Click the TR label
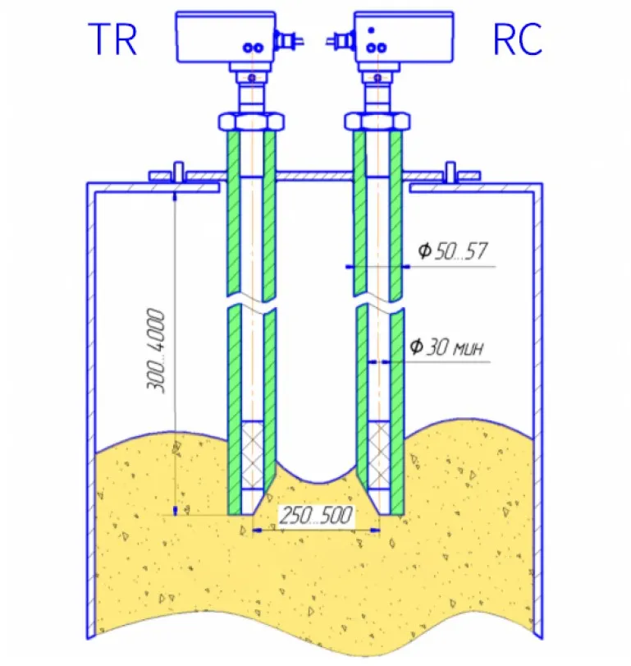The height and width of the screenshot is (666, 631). (112, 39)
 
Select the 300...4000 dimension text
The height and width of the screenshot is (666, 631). (161, 351)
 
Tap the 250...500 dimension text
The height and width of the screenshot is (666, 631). (316, 517)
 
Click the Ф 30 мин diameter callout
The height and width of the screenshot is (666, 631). (448, 347)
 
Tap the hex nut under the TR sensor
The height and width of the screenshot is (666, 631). (252, 121)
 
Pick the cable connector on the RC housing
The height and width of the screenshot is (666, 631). (339, 39)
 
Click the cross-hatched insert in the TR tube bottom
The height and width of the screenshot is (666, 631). (252, 452)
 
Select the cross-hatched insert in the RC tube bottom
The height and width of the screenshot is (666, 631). (379, 452)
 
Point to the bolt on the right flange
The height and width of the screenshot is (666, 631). (450, 174)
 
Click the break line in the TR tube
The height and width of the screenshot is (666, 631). (252, 301)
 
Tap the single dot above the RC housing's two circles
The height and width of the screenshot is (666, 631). (371, 30)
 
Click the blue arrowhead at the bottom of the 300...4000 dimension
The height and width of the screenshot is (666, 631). (176, 510)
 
